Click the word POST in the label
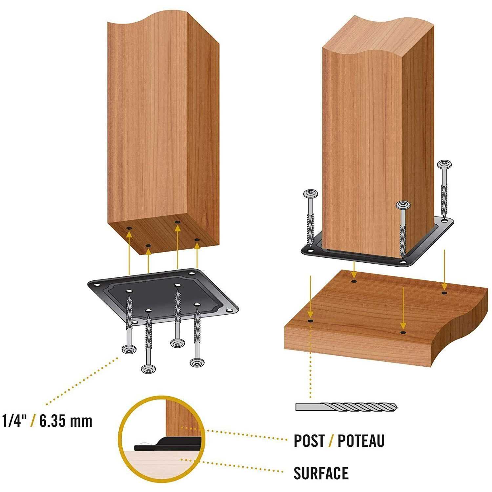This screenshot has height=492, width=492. tap(309, 441)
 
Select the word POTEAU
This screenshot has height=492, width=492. tap(361, 441)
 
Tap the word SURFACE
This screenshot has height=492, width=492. tap(321, 473)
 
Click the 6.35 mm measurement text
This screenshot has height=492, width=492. tap(66, 421)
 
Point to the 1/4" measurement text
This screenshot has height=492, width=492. tap(14, 421)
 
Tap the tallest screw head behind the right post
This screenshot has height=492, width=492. tap(445, 163)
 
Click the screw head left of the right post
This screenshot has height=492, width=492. tap(311, 194)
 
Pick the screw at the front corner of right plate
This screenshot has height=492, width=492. tap(403, 205)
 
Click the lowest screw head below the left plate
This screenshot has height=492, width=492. tap(148, 369)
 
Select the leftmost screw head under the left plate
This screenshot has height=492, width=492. tap(129, 349)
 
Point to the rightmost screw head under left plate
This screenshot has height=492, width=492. tap(197, 362)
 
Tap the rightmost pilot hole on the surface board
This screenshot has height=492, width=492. tap(444, 292)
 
